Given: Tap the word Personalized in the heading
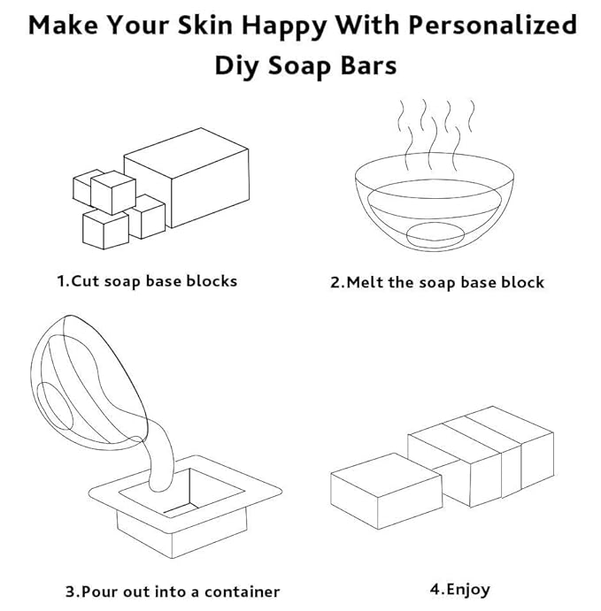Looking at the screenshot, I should point(493,26).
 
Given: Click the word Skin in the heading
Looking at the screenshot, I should point(204,26).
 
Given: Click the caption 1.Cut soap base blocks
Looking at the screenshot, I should point(148,281).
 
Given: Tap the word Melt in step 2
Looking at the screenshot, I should point(364,283).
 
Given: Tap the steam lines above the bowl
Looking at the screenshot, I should point(434,133).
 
